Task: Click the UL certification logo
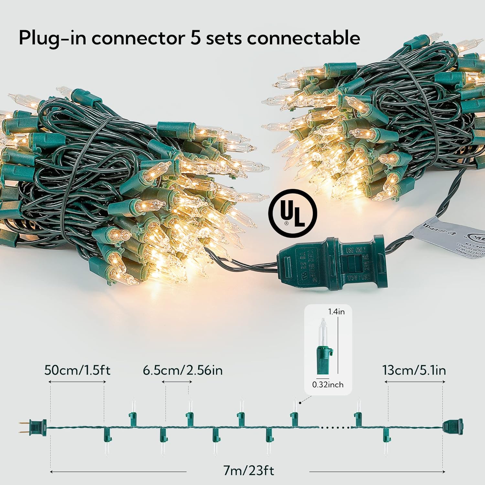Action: tap(293, 213)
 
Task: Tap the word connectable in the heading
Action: tap(304, 38)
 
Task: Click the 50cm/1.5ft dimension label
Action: tap(77, 370)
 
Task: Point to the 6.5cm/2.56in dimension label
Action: tap(183, 370)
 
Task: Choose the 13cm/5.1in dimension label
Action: tap(414, 370)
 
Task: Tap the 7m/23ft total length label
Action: tap(249, 470)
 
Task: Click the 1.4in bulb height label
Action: tap(336, 312)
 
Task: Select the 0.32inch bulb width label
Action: tap(328, 384)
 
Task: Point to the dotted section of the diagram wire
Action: tap(336, 427)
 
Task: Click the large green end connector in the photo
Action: tap(330, 263)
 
